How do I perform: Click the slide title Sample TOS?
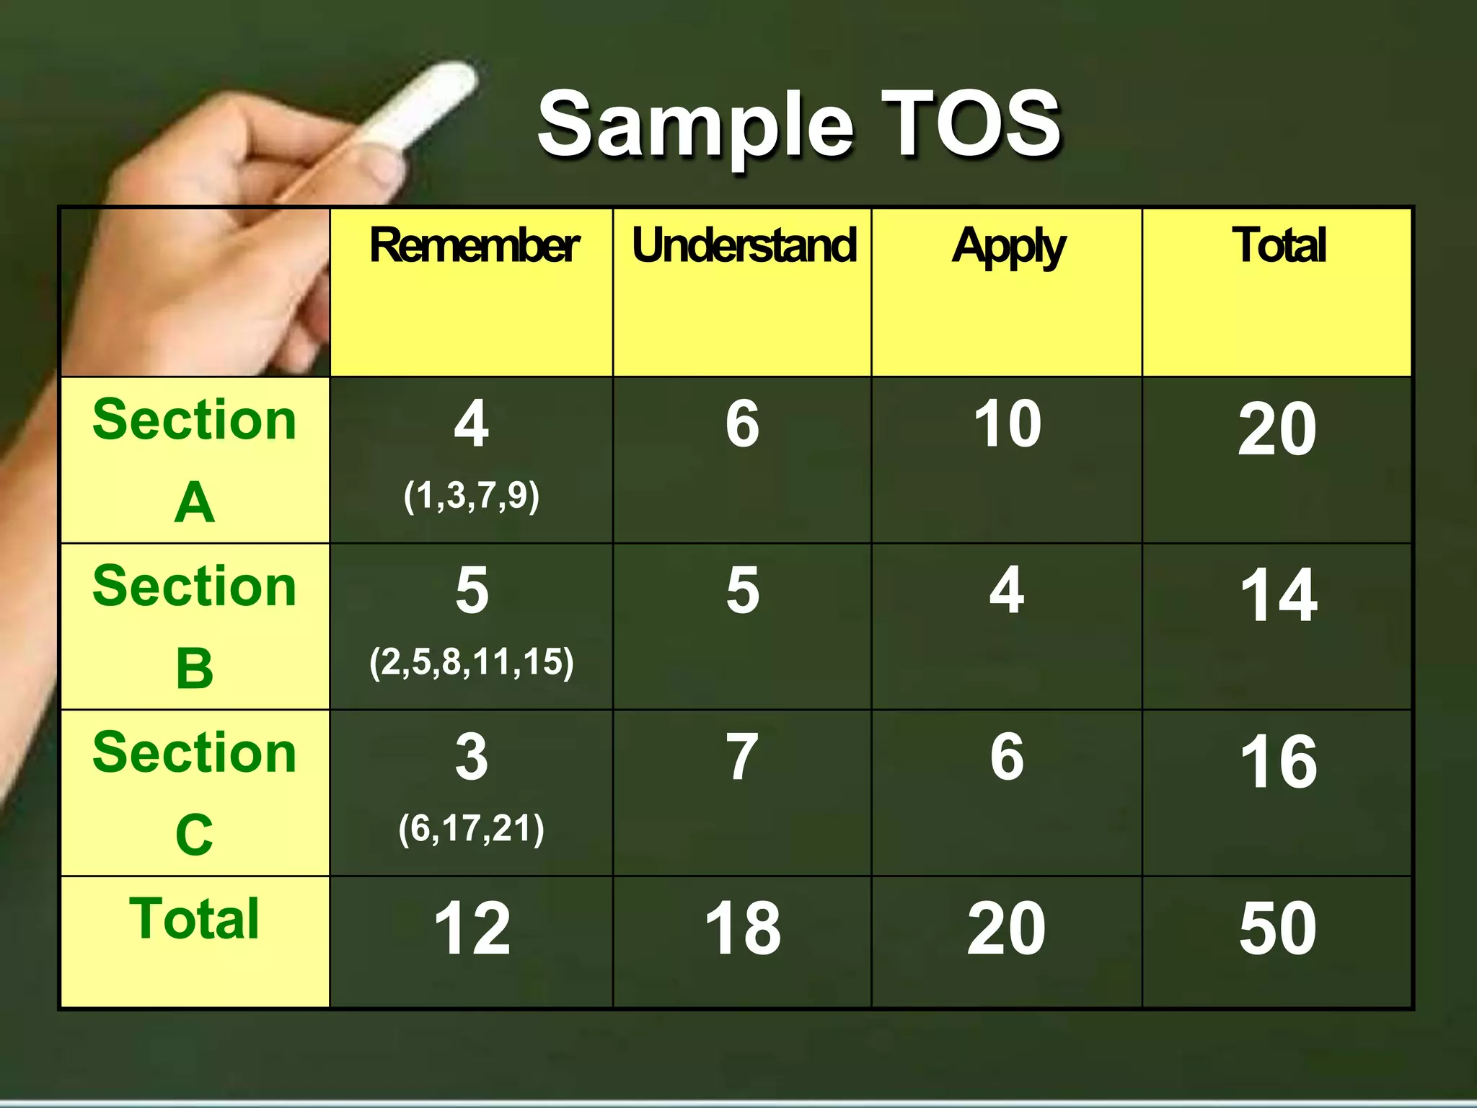tap(799, 124)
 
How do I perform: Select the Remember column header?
tap(474, 246)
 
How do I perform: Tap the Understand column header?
tap(744, 246)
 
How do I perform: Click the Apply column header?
tap(1008, 247)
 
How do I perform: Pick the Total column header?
tap(1279, 246)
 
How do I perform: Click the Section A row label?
tap(195, 460)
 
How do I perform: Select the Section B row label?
tap(195, 626)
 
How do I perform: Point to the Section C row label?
tap(195, 793)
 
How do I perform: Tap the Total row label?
tap(195, 919)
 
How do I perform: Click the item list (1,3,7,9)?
tap(472, 496)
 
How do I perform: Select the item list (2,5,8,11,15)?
tap(472, 662)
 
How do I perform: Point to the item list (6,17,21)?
tap(472, 828)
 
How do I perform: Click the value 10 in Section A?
tap(1008, 424)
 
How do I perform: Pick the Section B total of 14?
tap(1279, 596)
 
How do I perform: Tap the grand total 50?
tap(1278, 929)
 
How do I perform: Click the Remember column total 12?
tap(472, 929)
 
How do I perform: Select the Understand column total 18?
tap(743, 929)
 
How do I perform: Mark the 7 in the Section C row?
tap(743, 757)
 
